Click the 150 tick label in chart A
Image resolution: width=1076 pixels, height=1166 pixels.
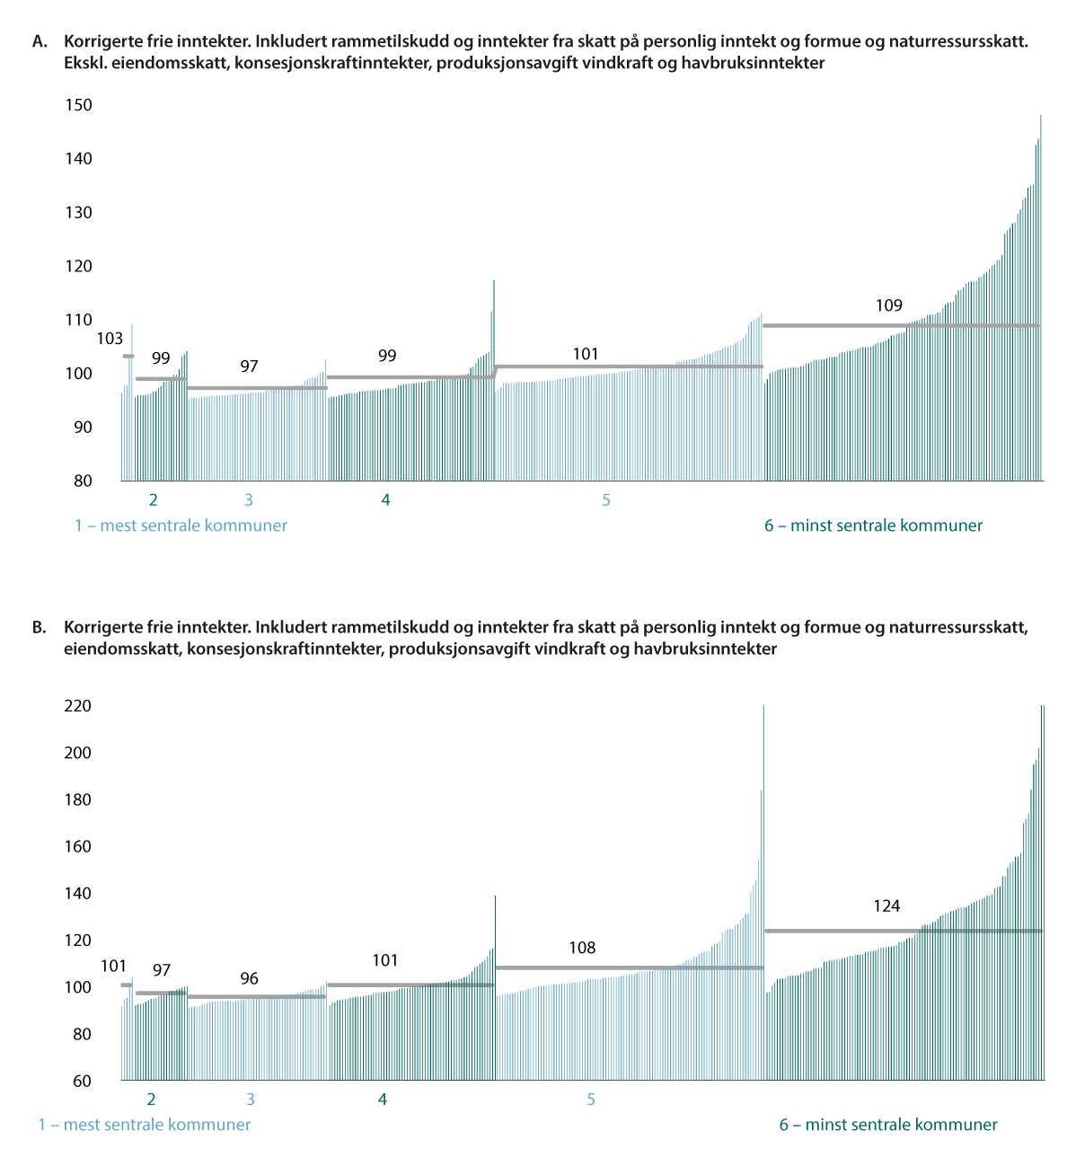click(79, 105)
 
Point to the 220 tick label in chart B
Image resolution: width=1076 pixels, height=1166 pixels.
click(78, 706)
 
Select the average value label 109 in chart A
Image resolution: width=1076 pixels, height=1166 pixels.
click(889, 305)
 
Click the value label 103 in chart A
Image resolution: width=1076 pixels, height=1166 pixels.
click(110, 339)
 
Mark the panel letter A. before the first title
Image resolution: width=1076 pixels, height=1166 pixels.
click(40, 41)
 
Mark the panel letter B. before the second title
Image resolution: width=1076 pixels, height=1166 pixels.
click(40, 628)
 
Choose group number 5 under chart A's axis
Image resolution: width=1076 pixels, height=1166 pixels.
click(606, 500)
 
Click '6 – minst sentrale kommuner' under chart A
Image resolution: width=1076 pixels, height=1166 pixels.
click(873, 526)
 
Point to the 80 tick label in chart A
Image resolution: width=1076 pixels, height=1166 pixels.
click(84, 481)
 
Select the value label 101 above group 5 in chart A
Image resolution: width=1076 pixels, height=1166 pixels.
click(586, 354)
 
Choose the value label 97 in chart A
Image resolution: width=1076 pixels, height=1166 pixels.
click(249, 367)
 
